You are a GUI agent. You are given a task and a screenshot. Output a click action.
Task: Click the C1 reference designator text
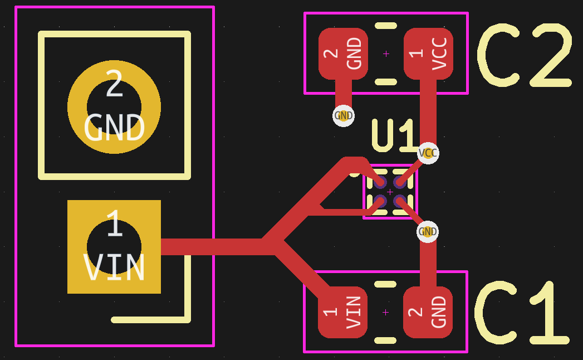(522, 314)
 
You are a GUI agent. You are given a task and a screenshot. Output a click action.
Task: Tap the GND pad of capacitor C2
(343, 54)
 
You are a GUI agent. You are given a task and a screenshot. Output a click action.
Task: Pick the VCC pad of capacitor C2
(428, 54)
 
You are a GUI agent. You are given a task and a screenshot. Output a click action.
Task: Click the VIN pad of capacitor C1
(342, 312)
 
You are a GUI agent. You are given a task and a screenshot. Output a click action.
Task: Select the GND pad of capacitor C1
(428, 312)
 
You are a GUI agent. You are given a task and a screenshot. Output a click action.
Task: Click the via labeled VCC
(428, 153)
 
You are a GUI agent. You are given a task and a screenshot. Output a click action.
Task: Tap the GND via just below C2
(344, 116)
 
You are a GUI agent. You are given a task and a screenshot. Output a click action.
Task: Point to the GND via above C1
(428, 232)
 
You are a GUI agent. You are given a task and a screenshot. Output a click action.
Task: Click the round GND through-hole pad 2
(114, 107)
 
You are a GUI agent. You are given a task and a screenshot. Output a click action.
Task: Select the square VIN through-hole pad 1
(114, 247)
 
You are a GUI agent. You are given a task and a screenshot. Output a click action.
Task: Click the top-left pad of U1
(380, 182)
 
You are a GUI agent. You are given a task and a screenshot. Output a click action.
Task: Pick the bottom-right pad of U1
(399, 201)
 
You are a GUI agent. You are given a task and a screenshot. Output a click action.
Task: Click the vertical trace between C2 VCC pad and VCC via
(428, 111)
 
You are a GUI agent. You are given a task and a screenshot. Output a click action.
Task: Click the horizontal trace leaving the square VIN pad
(212, 247)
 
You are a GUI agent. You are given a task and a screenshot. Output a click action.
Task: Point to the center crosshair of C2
(386, 54)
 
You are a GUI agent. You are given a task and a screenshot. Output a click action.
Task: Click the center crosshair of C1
(385, 312)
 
